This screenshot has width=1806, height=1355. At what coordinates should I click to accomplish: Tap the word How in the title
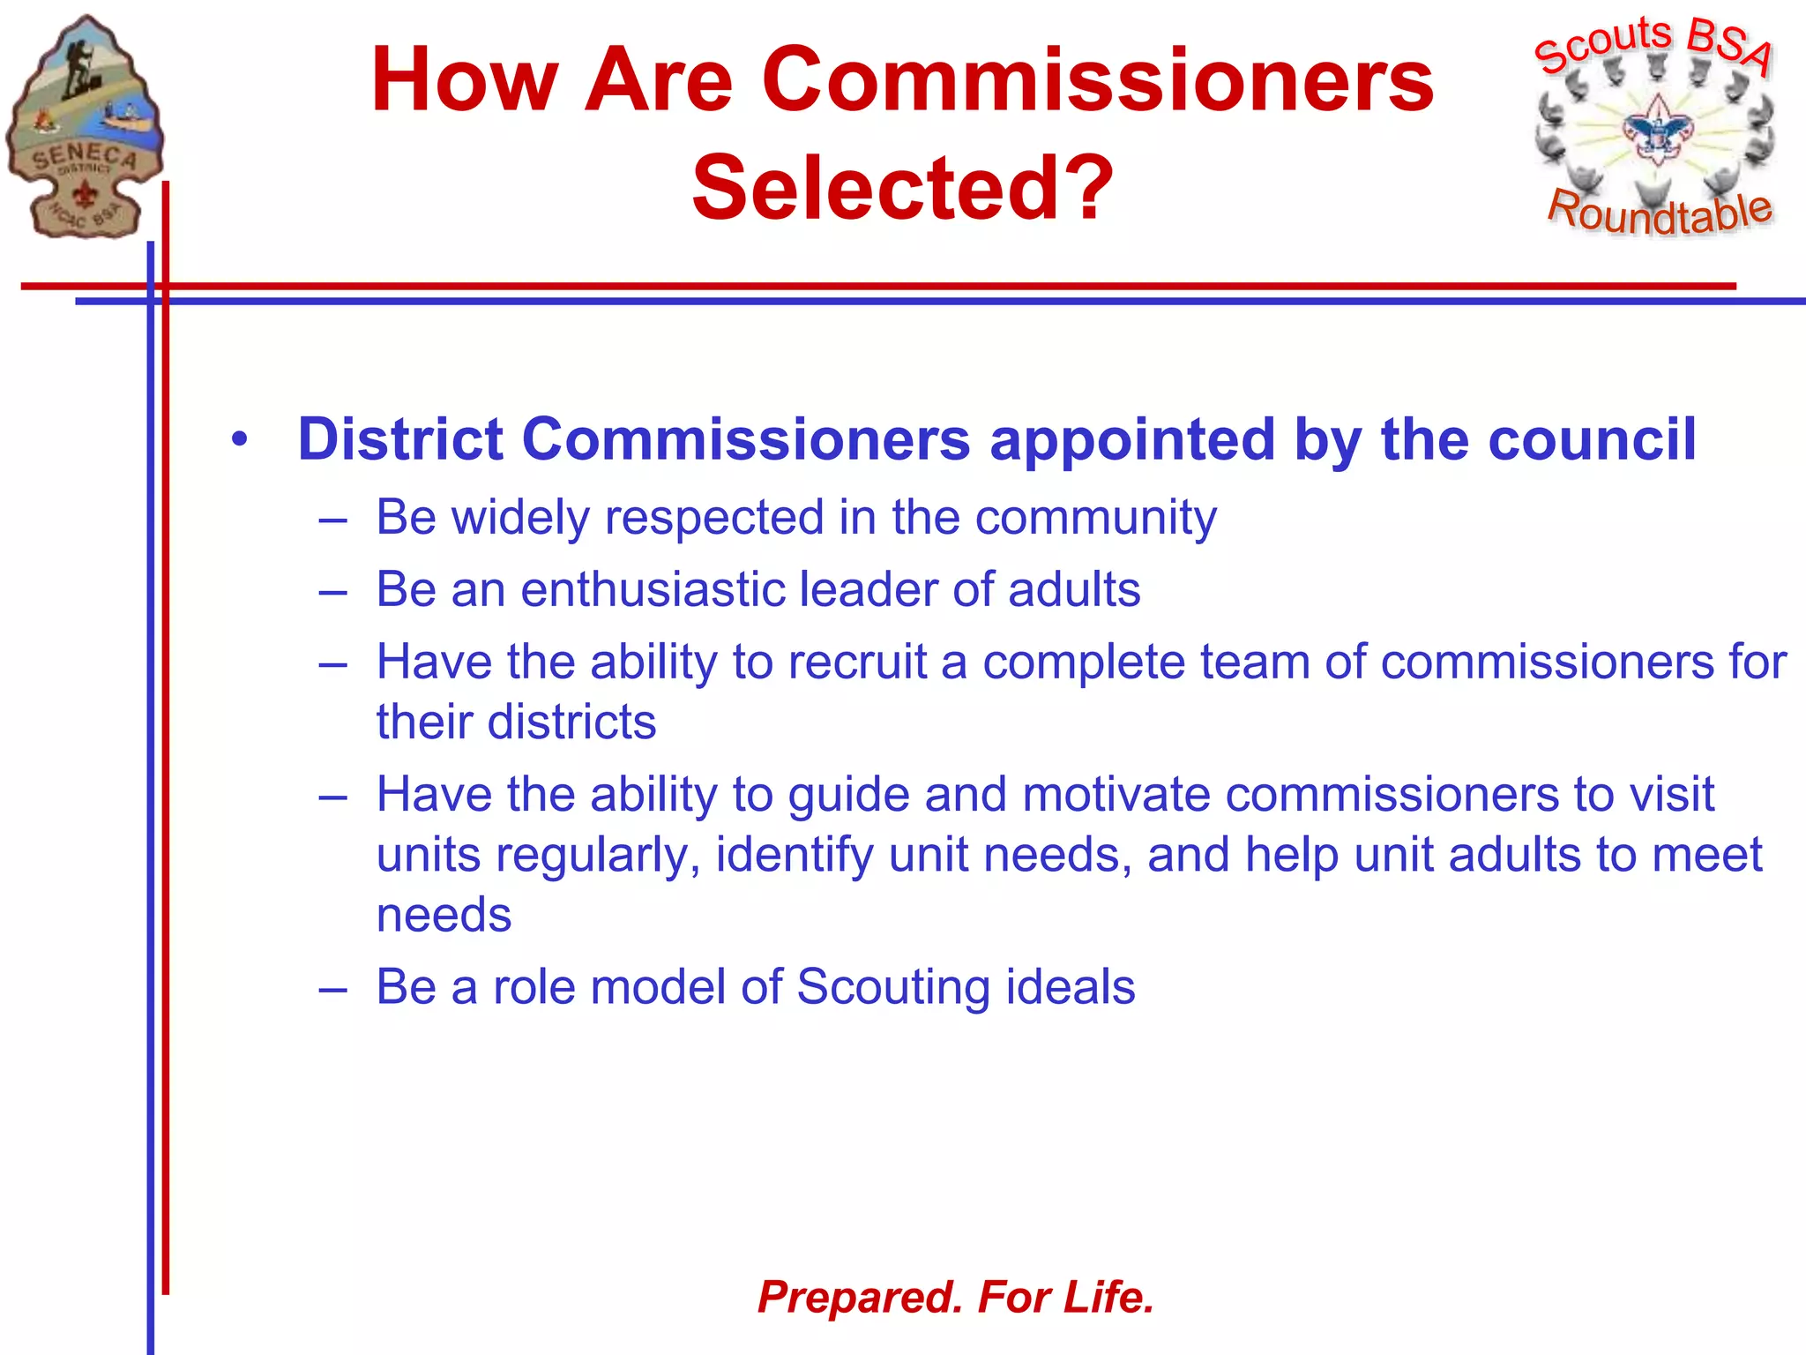465,80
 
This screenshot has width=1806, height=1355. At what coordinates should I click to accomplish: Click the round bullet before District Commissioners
240,439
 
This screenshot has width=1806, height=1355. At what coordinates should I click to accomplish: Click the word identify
794,855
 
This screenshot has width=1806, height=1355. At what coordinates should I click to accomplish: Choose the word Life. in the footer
1108,1298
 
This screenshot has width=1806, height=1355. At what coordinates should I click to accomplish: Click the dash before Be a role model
332,988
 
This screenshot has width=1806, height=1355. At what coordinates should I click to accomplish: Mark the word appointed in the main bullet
1132,439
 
